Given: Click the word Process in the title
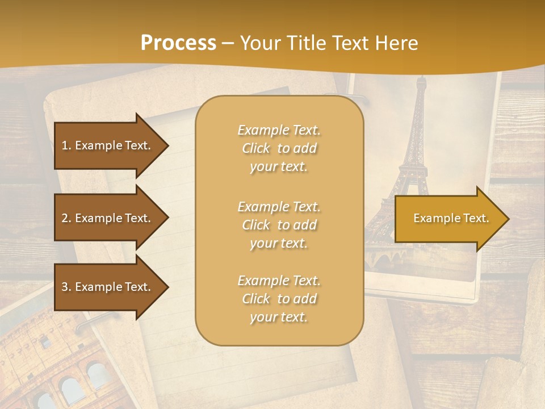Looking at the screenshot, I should click(178, 43).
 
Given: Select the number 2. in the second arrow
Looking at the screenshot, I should click(66, 218).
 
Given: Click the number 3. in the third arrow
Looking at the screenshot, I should click(66, 287).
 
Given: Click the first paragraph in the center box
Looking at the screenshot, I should click(279, 148).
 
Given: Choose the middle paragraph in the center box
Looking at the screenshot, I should click(279, 225).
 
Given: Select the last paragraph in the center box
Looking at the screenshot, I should click(279, 299).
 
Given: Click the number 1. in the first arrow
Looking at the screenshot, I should click(66, 145).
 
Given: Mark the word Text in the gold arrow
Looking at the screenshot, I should click(475, 218).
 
